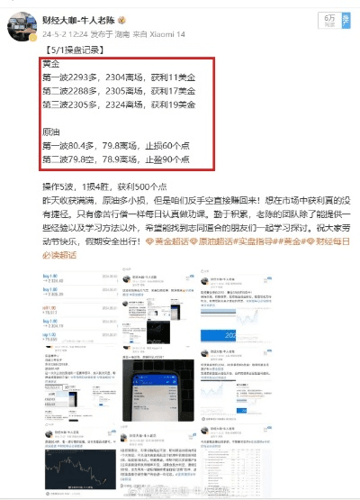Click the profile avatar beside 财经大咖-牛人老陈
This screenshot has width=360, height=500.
click(21, 24)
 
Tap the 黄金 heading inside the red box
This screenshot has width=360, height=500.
click(51, 66)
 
